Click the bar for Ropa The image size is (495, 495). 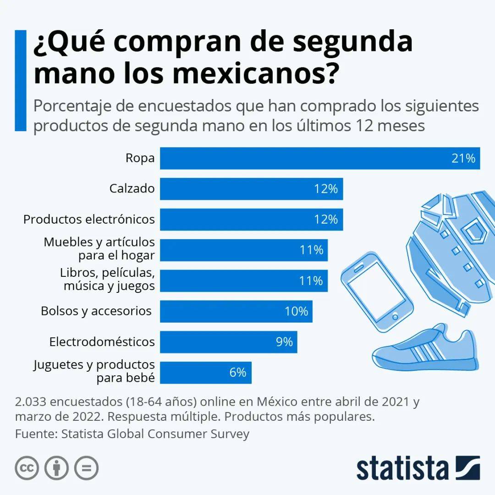(302, 159)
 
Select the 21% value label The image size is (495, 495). (463, 159)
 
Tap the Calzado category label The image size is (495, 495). (132, 188)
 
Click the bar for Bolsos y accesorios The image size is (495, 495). (220, 311)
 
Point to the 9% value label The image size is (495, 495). (284, 341)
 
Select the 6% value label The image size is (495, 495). (238, 372)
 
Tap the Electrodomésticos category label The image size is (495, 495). (102, 341)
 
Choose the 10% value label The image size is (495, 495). (296, 311)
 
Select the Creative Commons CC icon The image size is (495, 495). (27, 468)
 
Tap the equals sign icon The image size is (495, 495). (86, 468)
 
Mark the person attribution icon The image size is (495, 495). (56, 468)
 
